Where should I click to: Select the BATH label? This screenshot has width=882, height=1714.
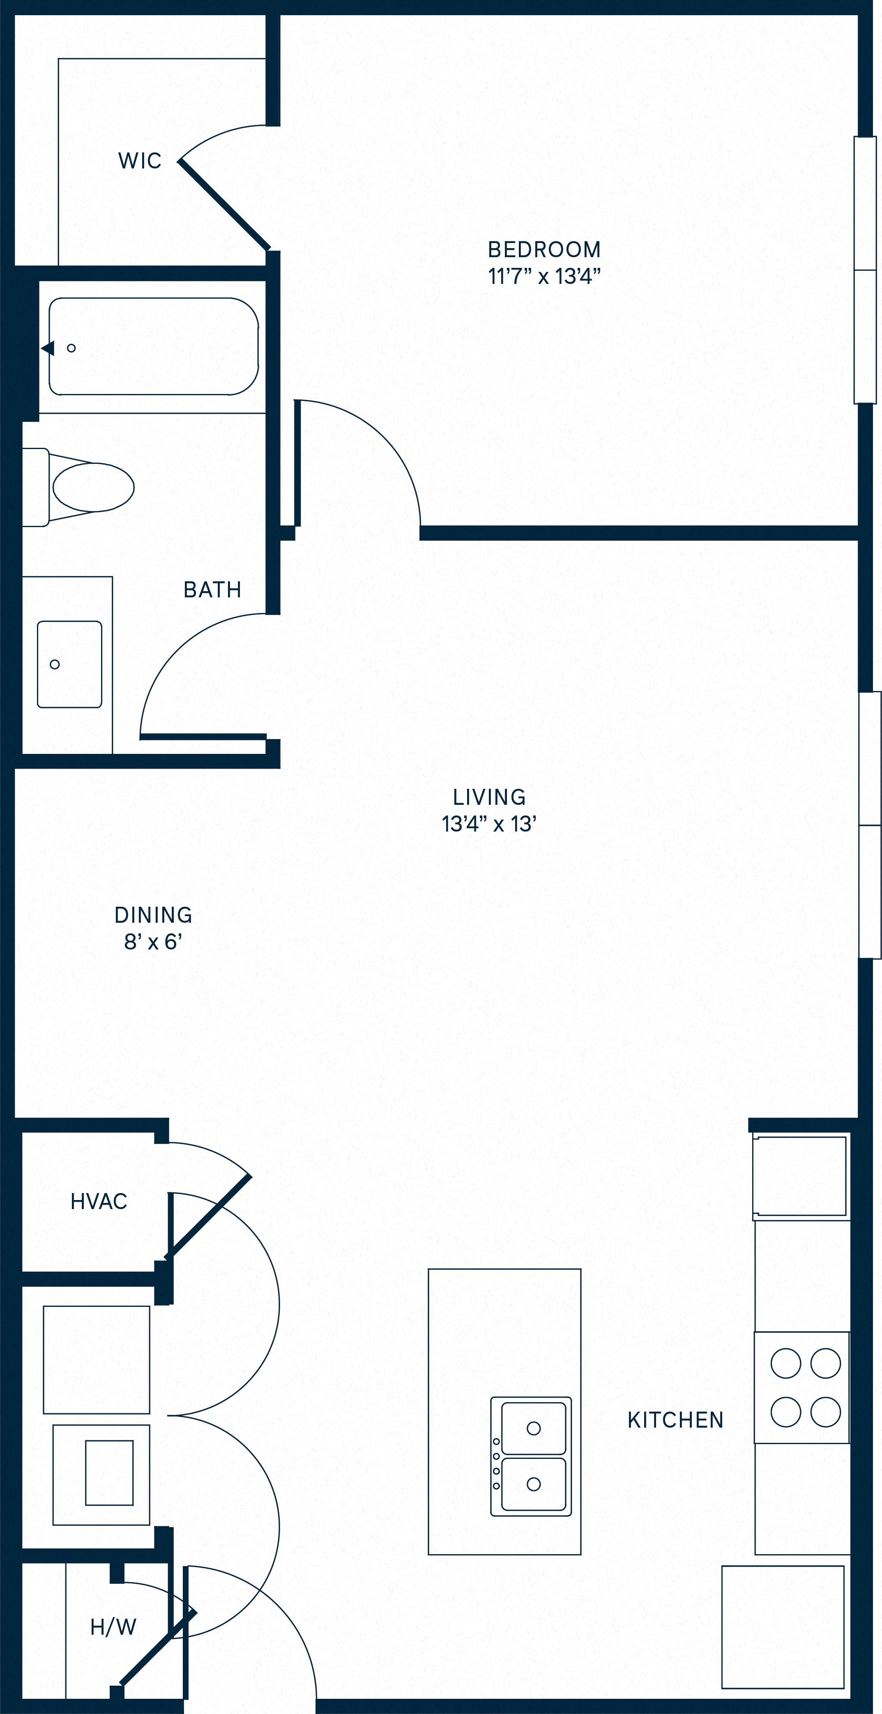[212, 590]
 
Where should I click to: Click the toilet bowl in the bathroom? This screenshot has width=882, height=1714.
[93, 487]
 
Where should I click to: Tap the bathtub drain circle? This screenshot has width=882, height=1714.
[71, 348]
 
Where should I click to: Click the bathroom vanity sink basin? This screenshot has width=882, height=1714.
[69, 664]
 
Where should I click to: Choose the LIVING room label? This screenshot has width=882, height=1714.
[489, 797]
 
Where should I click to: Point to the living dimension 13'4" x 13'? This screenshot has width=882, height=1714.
[489, 825]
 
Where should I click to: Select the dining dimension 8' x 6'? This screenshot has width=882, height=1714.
[153, 942]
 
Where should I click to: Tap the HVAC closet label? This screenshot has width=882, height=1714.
[99, 1201]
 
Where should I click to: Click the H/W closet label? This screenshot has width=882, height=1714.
[113, 1627]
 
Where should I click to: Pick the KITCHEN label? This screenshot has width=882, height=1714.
[675, 1420]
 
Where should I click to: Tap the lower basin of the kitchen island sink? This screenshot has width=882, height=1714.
[534, 1484]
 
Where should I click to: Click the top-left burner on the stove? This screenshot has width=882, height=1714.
[785, 1363]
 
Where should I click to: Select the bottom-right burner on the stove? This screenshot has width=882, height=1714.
[825, 1411]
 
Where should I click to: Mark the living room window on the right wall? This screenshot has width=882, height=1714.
[870, 825]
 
